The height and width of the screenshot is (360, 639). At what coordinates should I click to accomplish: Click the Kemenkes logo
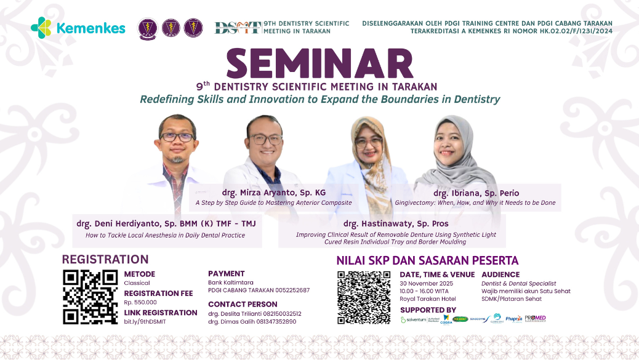coord(78,28)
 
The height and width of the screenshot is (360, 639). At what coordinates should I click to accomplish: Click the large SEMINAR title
coord(319,64)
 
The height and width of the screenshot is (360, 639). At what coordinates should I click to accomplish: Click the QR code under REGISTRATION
coord(90,297)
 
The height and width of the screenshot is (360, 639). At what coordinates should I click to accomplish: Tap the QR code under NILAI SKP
coord(364,297)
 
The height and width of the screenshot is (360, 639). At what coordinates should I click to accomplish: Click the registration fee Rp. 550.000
coord(140,302)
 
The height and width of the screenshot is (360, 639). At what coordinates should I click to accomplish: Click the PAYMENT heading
coord(227,274)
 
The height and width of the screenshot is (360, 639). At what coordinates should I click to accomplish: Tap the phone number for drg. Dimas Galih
coord(270,321)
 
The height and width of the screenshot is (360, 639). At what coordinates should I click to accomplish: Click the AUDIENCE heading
coord(500,274)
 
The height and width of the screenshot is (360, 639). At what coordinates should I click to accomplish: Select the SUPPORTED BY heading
coord(428,310)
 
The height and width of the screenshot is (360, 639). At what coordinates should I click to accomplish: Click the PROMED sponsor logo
coord(535,318)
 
